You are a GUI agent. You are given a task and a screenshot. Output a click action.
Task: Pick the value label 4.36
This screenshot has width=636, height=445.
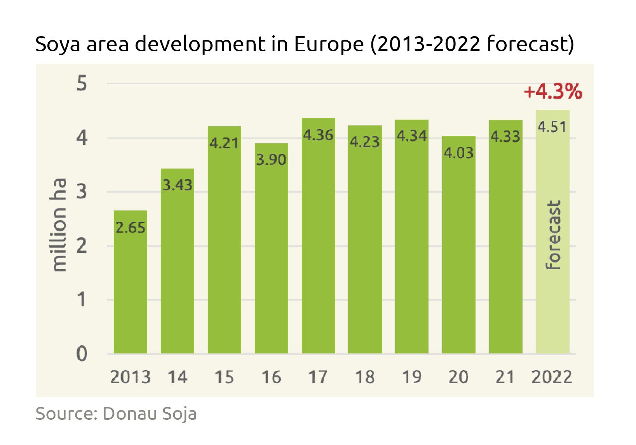point(318,135)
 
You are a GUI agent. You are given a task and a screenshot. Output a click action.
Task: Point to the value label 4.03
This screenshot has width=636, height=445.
point(458,153)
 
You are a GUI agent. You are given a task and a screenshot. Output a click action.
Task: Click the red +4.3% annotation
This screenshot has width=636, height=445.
point(552,92)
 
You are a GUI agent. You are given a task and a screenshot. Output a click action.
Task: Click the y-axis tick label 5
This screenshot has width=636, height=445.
point(82,84)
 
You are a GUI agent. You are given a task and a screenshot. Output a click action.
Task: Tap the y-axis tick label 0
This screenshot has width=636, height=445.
point(82,354)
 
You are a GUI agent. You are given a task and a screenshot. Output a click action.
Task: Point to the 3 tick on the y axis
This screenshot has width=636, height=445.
point(82,192)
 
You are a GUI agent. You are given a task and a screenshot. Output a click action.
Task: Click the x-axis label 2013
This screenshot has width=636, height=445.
point(130,377)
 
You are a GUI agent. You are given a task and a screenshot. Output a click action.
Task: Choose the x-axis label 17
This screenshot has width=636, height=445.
point(318,377)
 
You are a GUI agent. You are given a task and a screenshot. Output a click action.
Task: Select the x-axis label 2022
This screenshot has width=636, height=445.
point(552,377)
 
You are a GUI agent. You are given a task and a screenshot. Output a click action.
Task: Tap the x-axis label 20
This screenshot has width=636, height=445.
point(458,377)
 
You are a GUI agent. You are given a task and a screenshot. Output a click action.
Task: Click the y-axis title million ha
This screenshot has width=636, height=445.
point(59,225)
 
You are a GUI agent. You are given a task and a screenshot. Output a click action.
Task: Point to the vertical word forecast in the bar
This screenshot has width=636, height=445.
point(553,235)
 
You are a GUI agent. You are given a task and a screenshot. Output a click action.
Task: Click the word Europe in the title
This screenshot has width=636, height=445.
point(327,44)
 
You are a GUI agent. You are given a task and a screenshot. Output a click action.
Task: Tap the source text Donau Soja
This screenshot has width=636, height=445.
point(150,414)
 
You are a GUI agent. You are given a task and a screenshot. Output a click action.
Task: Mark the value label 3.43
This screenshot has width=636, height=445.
point(177,185)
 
